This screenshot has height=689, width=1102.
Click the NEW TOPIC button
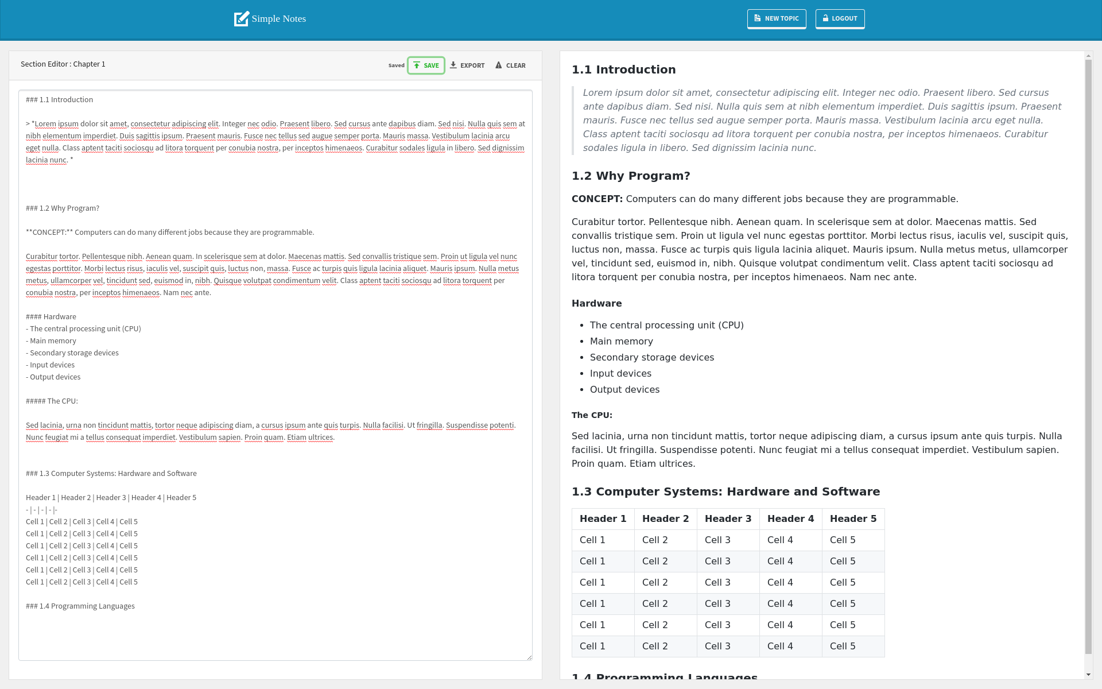776,18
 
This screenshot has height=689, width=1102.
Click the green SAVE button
426,65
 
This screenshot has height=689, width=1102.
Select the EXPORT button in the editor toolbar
467,65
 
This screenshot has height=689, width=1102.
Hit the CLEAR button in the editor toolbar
510,65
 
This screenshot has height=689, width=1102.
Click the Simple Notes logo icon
241,19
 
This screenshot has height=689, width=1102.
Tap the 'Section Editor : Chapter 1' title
63,64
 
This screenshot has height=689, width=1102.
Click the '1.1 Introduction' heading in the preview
623,69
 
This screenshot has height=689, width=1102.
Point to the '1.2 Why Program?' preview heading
631,176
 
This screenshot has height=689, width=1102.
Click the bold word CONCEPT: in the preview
597,199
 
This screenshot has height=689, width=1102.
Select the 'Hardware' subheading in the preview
596,304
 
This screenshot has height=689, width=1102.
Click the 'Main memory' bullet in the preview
621,342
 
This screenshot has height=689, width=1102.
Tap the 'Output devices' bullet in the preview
624,390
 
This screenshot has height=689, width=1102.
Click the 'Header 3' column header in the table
728,519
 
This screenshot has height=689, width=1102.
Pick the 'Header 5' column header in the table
853,519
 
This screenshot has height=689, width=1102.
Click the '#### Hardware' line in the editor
51,317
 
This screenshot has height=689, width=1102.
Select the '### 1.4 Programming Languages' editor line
80,606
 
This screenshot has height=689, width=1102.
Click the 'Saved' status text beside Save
396,65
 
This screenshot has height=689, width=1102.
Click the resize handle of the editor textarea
529,657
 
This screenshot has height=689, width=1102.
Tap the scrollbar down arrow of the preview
1088,675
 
